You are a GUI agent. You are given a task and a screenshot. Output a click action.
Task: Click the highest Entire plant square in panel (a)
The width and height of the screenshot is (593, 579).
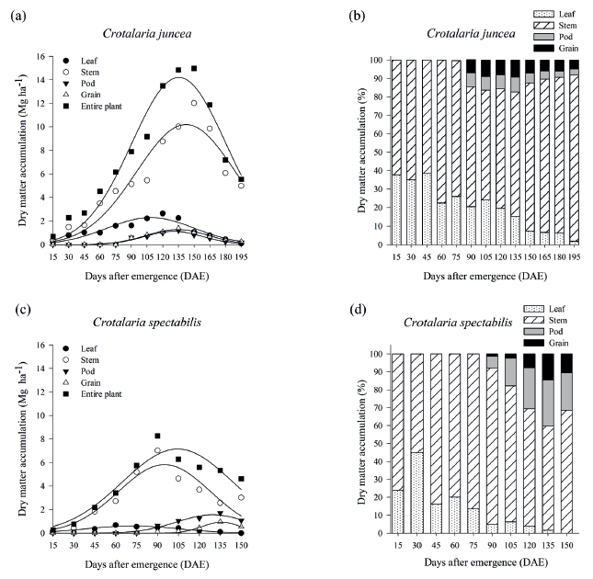point(193,68)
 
